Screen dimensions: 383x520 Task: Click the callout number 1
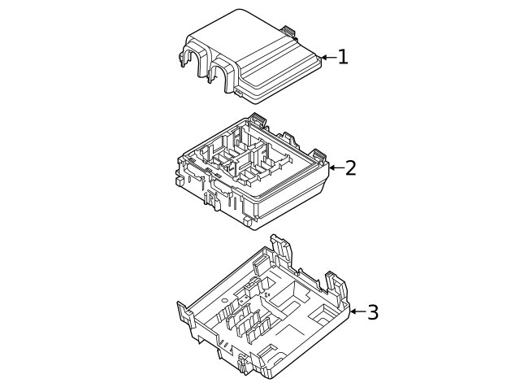343,57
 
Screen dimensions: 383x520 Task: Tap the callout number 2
350,168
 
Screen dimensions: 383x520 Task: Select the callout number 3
372,312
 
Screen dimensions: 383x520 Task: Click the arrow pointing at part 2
334,168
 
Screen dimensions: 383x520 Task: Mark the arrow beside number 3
356,312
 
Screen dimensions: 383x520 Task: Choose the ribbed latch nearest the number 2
318,155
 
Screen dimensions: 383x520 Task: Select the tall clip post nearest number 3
336,284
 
